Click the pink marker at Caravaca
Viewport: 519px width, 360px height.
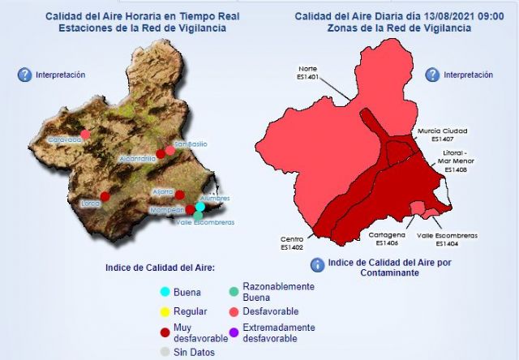tap(85, 134)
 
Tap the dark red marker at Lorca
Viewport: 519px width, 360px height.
tap(105, 196)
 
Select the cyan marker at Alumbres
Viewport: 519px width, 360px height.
tap(199, 207)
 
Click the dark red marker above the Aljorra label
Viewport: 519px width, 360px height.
tap(180, 195)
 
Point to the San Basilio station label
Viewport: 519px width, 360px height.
tap(191, 144)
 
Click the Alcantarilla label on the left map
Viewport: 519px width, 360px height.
tap(137, 158)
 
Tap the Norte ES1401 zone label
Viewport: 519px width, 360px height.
tap(307, 73)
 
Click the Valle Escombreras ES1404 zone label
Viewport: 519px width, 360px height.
tap(447, 238)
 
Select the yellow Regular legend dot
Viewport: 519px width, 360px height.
tap(165, 311)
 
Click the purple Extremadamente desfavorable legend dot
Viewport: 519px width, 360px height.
tap(234, 332)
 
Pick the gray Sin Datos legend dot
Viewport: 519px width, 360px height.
tap(165, 351)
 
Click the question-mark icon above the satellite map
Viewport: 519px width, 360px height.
tap(24, 75)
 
